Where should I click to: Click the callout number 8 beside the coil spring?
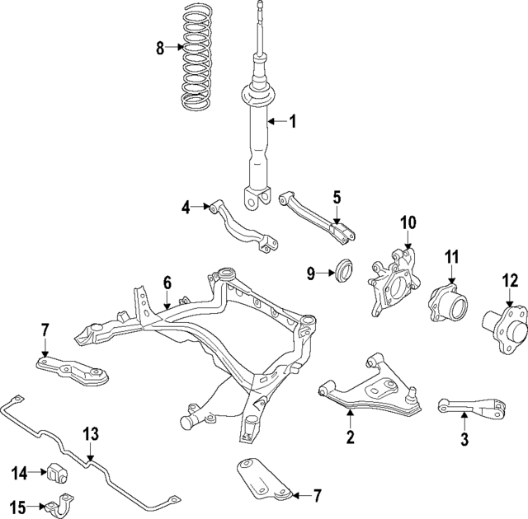161,48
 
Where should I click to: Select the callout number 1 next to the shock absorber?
291,122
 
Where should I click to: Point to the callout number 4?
186,208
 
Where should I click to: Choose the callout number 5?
336,197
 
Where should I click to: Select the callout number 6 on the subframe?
167,283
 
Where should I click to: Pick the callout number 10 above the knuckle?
409,222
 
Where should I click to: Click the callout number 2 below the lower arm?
350,437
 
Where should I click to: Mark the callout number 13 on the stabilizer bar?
91,433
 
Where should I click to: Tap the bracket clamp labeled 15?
61,504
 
